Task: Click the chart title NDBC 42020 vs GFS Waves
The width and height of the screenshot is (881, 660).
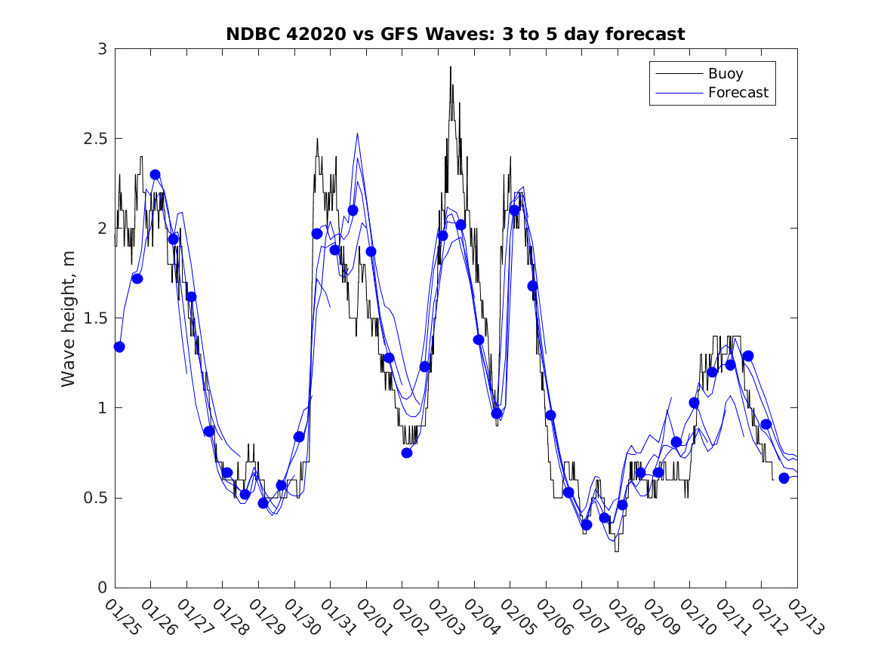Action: (455, 34)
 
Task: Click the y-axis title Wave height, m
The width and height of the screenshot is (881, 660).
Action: (69, 318)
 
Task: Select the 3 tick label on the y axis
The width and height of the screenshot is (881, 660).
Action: (101, 50)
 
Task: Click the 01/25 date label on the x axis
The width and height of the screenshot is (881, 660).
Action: (123, 617)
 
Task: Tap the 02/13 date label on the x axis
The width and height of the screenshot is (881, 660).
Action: (806, 617)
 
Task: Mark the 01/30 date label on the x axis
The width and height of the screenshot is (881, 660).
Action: (303, 617)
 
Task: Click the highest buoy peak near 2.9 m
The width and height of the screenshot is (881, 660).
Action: (451, 67)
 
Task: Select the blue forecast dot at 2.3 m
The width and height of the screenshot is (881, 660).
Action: (155, 174)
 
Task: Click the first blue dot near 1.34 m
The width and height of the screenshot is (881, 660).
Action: (119, 347)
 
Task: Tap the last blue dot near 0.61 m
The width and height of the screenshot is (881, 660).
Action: (784, 478)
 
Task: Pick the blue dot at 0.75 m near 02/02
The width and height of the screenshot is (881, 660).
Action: (407, 453)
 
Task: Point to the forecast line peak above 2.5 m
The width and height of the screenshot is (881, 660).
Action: (357, 134)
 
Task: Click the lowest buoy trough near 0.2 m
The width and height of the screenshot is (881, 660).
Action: (616, 551)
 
